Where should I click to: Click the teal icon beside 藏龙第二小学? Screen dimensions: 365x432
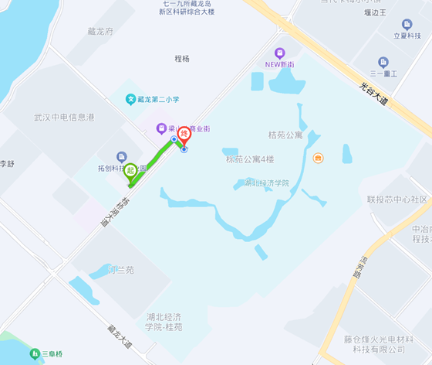point(130,99)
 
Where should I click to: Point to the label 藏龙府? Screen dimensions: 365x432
point(100,32)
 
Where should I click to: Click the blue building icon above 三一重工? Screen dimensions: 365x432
point(383,63)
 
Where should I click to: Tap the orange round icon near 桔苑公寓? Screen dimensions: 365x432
point(318,158)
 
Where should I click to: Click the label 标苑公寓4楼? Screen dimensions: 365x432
point(250,160)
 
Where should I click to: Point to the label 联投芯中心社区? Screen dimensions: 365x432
point(397,200)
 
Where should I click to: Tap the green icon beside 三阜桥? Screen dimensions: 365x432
point(35,354)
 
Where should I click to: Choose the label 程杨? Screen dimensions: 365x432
point(182,59)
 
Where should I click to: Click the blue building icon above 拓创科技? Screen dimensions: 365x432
point(121,157)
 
